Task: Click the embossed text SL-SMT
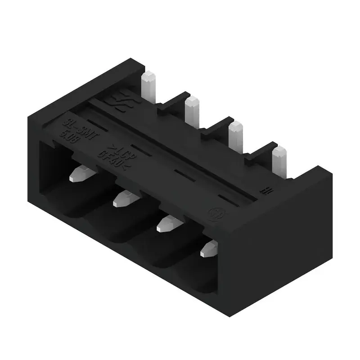(x=81, y=128)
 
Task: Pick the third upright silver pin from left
(x=235, y=133)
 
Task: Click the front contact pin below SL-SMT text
(x=80, y=174)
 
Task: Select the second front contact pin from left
(x=123, y=198)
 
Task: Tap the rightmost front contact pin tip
(x=209, y=249)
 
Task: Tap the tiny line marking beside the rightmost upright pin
(x=266, y=190)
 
